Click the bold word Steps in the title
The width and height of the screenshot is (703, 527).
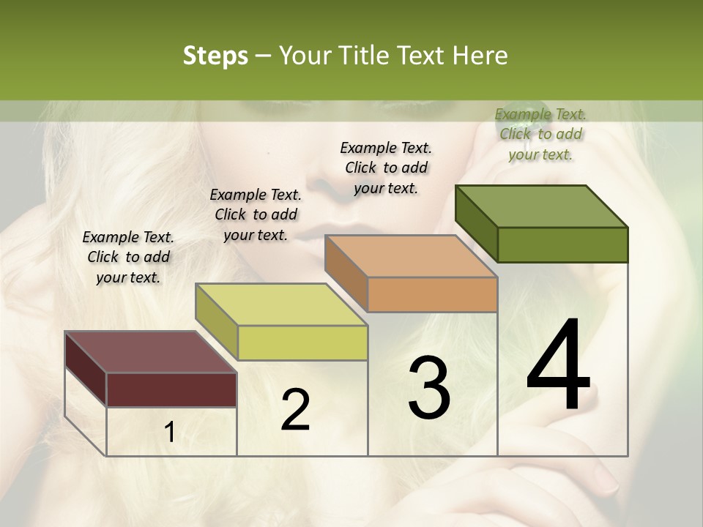215,56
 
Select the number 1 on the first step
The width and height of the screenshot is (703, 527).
169,433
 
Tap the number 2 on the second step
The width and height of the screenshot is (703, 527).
295,410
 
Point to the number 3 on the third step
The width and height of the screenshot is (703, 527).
429,388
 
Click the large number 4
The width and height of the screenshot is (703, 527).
558,366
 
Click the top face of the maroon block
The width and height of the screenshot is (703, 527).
150,352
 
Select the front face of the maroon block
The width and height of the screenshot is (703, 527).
171,389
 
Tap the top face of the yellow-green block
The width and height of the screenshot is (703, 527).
281,304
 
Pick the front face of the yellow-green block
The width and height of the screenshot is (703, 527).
302,343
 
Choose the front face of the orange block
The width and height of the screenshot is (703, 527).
432,294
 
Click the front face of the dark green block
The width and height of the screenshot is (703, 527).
562,244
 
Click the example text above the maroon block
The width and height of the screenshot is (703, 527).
128,257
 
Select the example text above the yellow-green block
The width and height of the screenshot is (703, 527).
256,214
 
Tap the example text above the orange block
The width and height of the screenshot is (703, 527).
386,168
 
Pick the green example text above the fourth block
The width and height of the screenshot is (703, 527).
540,134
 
